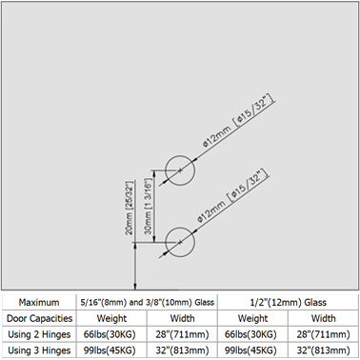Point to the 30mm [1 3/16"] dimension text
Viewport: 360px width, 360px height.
click(x=150, y=206)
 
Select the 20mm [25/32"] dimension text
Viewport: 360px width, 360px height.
click(x=130, y=208)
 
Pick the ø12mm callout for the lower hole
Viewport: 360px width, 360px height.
click(x=232, y=197)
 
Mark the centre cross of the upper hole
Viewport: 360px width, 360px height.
click(x=180, y=170)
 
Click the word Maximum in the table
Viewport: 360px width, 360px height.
click(x=39, y=302)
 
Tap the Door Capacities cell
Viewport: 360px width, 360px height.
click(x=39, y=318)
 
